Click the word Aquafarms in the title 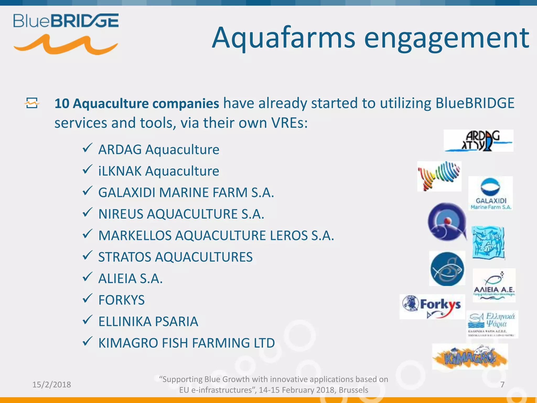pos(283,38)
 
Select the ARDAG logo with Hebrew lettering pos(479,141)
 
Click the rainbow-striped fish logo pos(439,176)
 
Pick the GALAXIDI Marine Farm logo pos(490,193)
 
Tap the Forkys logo pos(432,306)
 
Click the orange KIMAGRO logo pos(470,357)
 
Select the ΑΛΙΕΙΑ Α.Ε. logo pos(494,285)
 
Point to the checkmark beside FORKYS pos(87,298)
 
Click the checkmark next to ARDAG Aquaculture pos(87,148)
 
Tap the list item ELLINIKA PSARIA pos(148,321)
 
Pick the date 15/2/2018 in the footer pos(52,384)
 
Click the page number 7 pos(502,384)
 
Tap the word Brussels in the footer pos(353,390)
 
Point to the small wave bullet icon pos(32,103)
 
